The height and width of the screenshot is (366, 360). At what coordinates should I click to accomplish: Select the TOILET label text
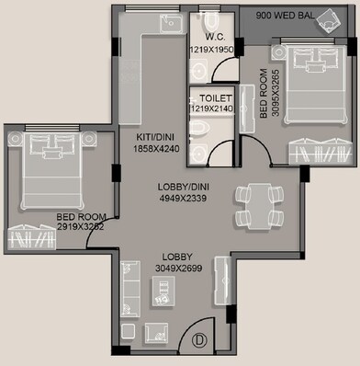[210, 97]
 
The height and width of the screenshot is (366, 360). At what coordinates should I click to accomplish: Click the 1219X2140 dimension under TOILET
[212, 109]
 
